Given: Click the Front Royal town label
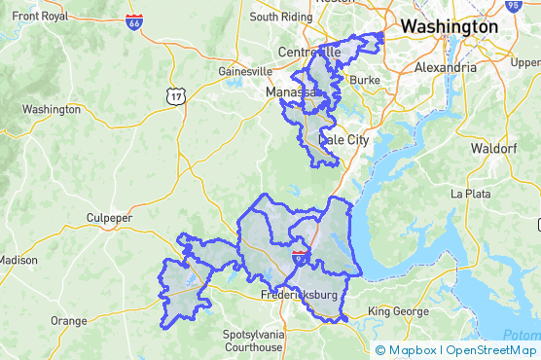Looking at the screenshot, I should click(34, 17).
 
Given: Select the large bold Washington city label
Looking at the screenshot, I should click(449, 26).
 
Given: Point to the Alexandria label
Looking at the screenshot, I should click(445, 68).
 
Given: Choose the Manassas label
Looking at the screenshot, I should click(293, 92).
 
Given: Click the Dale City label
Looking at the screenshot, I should click(344, 140).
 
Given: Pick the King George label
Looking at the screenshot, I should click(397, 311).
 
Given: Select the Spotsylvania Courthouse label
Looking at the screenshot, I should click(253, 341).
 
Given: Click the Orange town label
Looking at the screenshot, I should click(68, 320).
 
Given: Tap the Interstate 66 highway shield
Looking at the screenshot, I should click(133, 22).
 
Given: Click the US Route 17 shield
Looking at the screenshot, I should click(175, 94).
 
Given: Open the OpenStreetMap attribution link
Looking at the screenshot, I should click(491, 350).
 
